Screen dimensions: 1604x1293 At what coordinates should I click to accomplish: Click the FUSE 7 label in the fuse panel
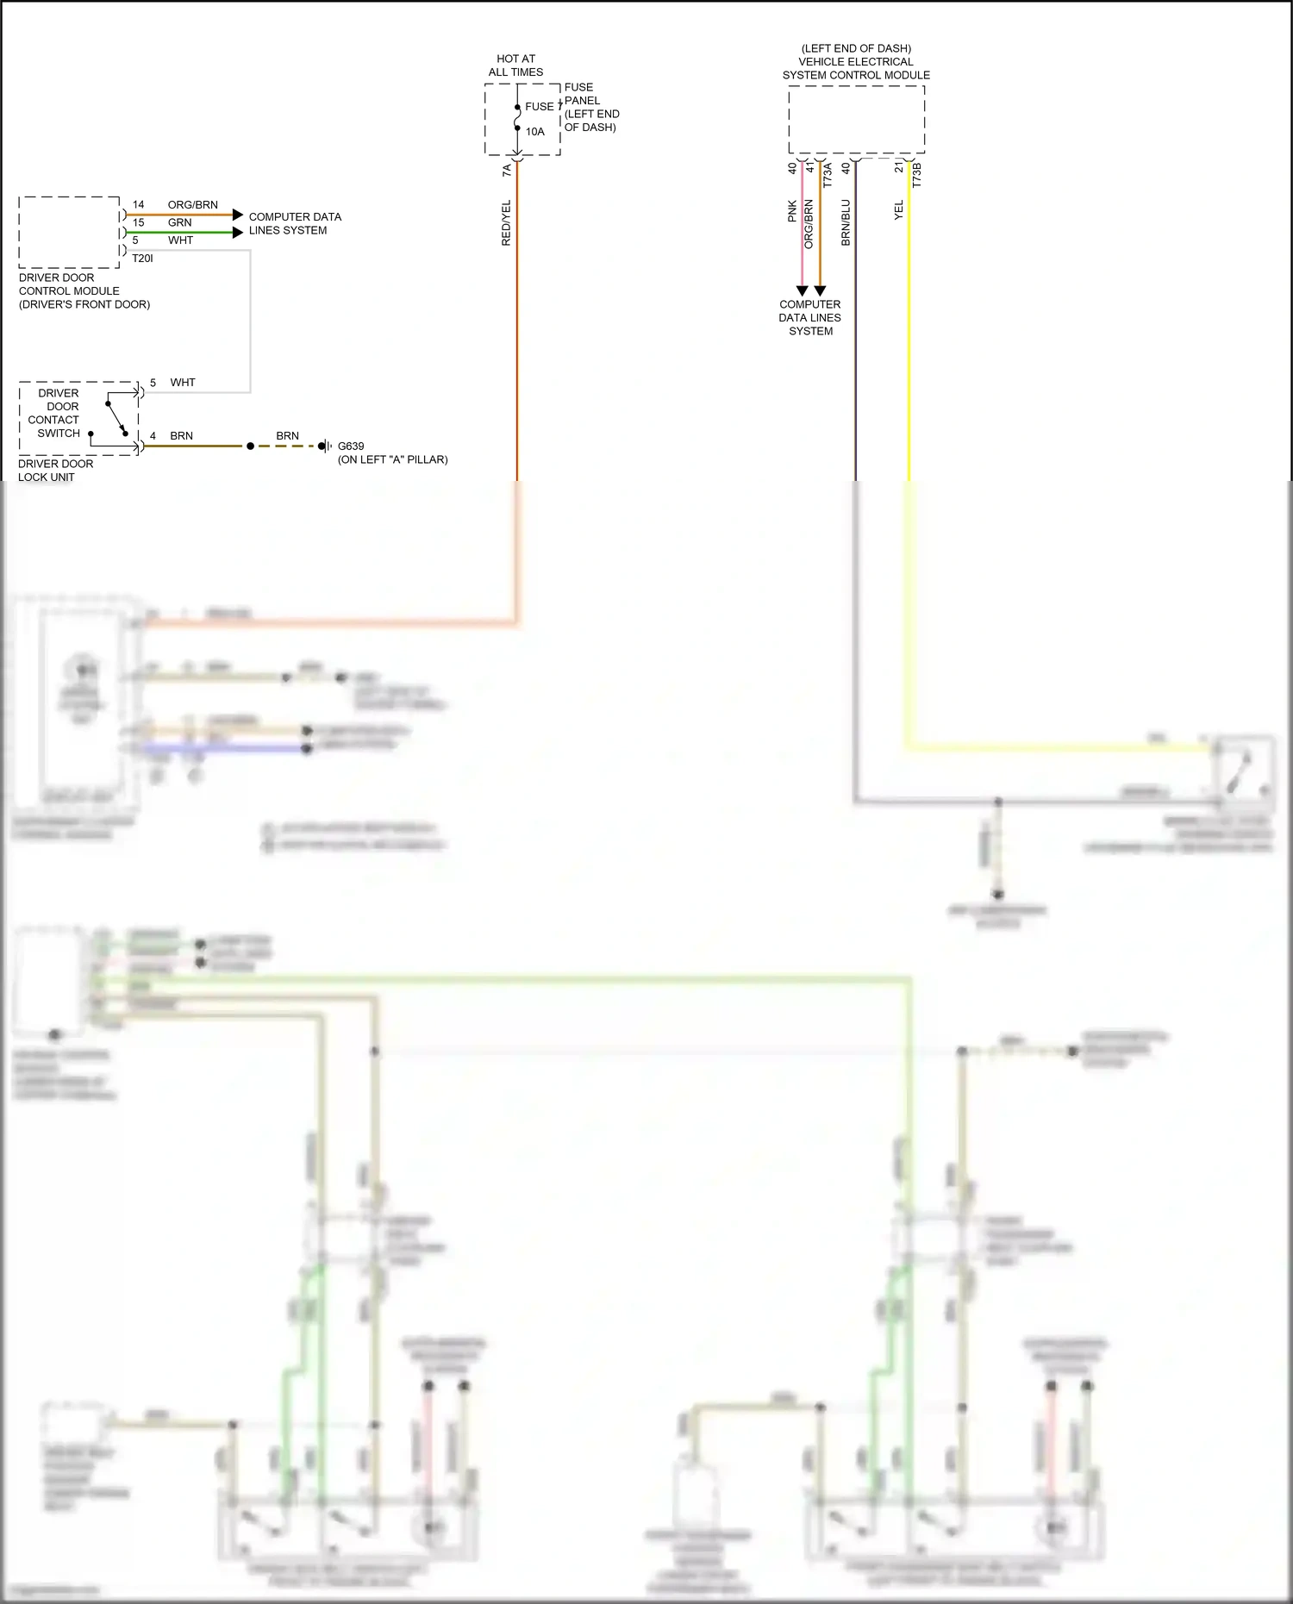[540, 107]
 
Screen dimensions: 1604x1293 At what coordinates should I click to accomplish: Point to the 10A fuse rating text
[535, 132]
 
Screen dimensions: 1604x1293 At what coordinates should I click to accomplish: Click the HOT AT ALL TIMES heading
[515, 66]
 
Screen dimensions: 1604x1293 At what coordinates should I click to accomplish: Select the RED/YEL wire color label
[506, 223]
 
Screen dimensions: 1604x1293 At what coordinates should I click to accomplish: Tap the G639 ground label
[351, 446]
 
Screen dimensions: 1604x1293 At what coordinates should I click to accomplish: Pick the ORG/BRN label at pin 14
[192, 205]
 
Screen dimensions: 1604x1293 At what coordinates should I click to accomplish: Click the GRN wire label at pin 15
[179, 222]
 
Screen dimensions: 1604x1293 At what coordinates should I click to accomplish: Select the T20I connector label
[142, 259]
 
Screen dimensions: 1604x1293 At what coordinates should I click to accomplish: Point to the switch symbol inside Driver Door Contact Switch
[117, 418]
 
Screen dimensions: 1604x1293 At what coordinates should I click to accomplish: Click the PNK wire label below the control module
[792, 212]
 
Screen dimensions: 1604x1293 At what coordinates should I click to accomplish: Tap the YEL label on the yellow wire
[898, 210]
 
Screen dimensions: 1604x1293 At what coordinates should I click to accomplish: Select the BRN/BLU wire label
[846, 223]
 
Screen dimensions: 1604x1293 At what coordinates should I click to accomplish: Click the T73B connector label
[916, 175]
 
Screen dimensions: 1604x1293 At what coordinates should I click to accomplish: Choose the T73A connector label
[828, 175]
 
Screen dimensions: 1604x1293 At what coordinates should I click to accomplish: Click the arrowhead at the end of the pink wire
[802, 291]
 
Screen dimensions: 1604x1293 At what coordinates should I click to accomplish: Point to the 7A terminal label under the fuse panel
[507, 171]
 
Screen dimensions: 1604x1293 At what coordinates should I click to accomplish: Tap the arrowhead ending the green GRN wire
[238, 233]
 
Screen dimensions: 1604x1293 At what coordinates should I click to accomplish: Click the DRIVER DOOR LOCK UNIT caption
[55, 471]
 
